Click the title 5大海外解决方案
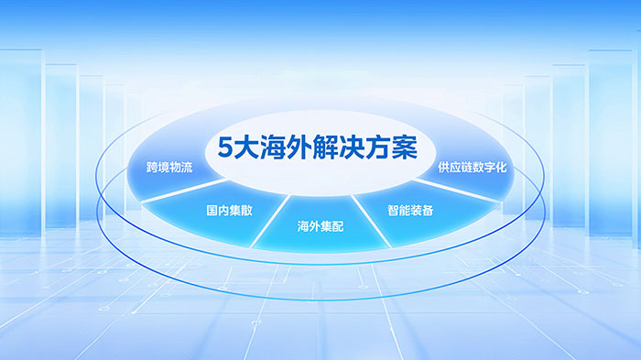coord(318,149)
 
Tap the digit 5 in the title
coord(225,149)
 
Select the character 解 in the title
coord(331,149)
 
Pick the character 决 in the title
coord(357,149)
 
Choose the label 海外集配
coord(320,225)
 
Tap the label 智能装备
coord(411,210)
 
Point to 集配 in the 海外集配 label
coord(331,225)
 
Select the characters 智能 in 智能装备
coord(399,210)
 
